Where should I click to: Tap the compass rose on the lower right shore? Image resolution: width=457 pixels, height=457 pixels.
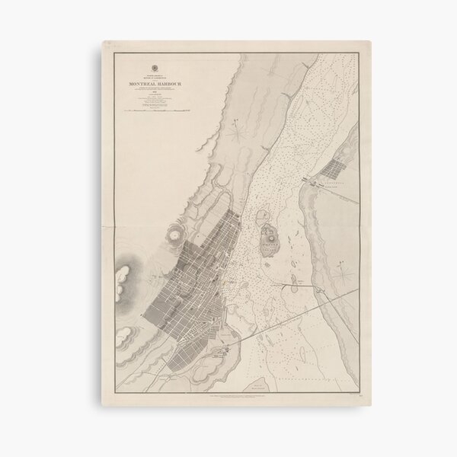[344, 270]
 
